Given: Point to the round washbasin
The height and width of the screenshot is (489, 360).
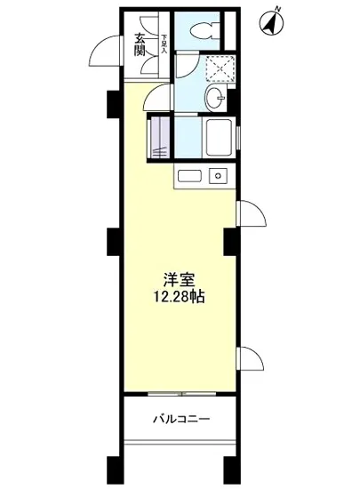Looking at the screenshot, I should [x=214, y=98].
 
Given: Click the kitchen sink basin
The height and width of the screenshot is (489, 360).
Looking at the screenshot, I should [x=190, y=175].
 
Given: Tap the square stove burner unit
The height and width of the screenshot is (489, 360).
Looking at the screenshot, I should [x=216, y=175].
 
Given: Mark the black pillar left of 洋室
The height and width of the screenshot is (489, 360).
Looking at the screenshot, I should [x=114, y=240].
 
